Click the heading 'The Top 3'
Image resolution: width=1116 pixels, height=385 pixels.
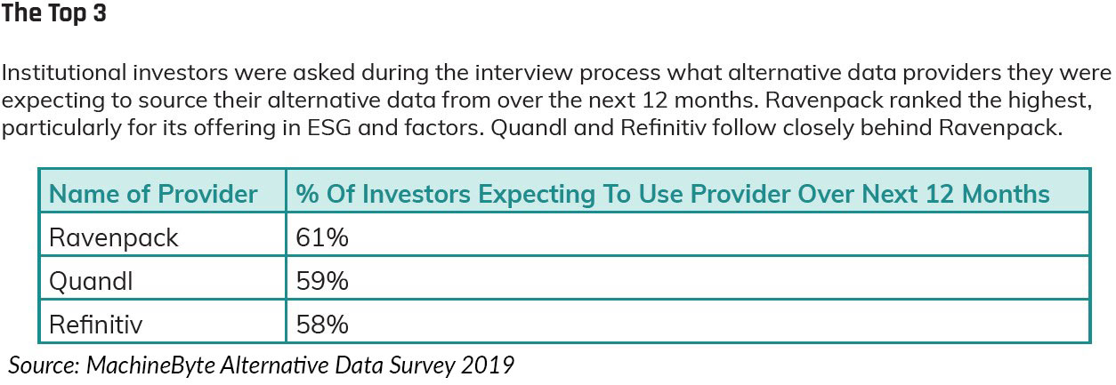pyautogui.click(x=54, y=15)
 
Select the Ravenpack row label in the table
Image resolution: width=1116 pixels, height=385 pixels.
pyautogui.click(x=114, y=237)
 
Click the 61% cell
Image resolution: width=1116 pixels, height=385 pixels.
pyautogui.click(x=321, y=237)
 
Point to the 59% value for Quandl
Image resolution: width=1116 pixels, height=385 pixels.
pyautogui.click(x=322, y=281)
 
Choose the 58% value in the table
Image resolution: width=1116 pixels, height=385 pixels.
pyautogui.click(x=322, y=324)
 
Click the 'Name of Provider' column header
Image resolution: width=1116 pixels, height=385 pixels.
pyautogui.click(x=153, y=194)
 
